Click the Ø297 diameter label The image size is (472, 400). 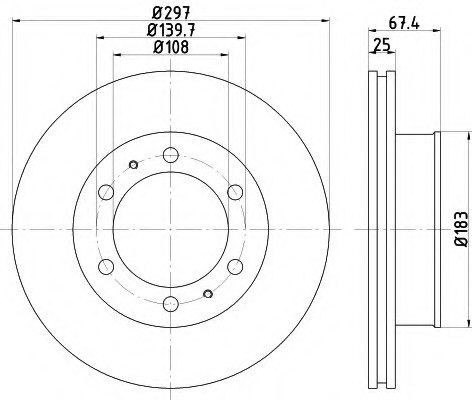169,12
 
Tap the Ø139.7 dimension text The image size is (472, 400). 169,30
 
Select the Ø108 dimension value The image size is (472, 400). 169,47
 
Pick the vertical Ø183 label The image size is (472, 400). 459,231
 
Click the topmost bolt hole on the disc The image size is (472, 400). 170,155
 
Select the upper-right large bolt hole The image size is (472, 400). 235,192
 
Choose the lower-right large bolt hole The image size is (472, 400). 235,267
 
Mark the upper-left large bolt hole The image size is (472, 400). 105,192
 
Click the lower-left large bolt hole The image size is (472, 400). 105,267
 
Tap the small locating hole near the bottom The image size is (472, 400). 207,293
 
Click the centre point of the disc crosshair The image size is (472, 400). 170,230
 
